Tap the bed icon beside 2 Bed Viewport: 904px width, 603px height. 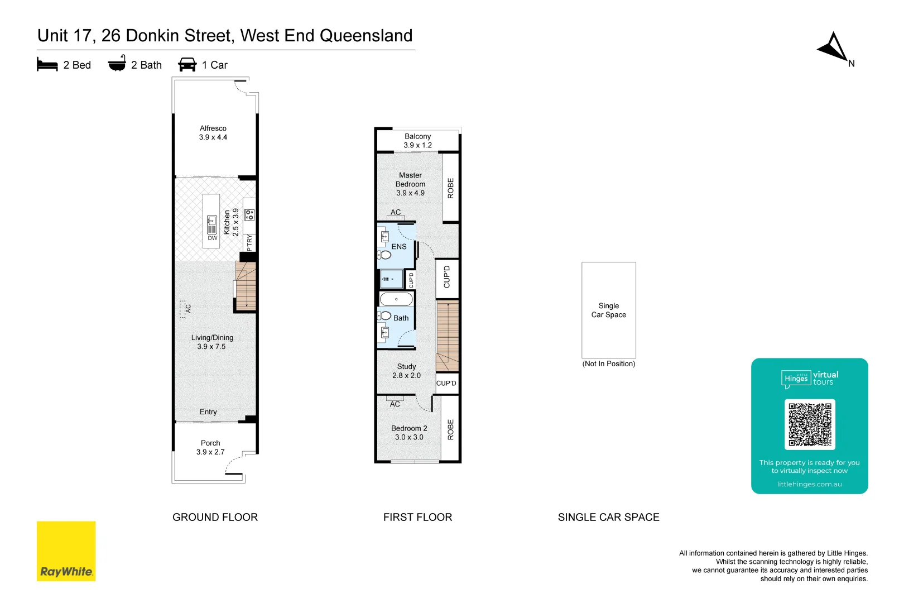pyautogui.click(x=47, y=65)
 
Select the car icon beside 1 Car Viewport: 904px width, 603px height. pyautogui.click(x=187, y=65)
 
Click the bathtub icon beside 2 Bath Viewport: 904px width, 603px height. pyautogui.click(x=117, y=64)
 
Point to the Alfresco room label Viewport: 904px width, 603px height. pyautogui.click(x=213, y=128)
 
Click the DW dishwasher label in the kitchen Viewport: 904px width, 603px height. pyautogui.click(x=213, y=238)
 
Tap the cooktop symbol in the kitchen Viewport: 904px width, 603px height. pyautogui.click(x=249, y=214)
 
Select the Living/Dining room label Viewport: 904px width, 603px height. pyautogui.click(x=212, y=338)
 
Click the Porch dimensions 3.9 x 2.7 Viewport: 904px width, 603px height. pyautogui.click(x=210, y=452)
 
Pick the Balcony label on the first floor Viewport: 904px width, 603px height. pyautogui.click(x=417, y=136)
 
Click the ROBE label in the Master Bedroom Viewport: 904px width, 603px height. pyautogui.click(x=451, y=188)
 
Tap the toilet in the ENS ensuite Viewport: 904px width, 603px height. pyautogui.click(x=384, y=255)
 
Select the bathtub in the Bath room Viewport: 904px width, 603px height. pyautogui.click(x=396, y=299)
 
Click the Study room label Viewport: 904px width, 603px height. pyautogui.click(x=406, y=367)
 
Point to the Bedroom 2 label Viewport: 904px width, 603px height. pyautogui.click(x=409, y=428)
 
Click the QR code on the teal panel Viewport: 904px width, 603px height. pyautogui.click(x=810, y=424)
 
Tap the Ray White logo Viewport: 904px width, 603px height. pyautogui.click(x=66, y=552)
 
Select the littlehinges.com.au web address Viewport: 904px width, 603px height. pyautogui.click(x=809, y=485)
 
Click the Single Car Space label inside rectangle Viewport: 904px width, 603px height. pyautogui.click(x=609, y=310)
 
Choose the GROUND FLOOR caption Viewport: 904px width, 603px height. pyautogui.click(x=215, y=518)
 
